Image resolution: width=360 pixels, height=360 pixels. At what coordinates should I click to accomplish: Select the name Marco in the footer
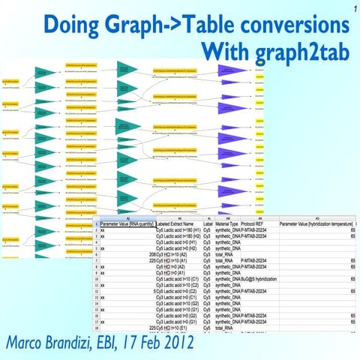click(x=31, y=343)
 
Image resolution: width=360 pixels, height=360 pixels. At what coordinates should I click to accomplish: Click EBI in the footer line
click(x=132, y=343)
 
